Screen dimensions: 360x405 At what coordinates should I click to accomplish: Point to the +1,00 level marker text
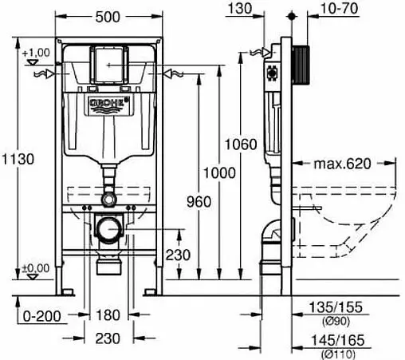pyautogui.click(x=37, y=52)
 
